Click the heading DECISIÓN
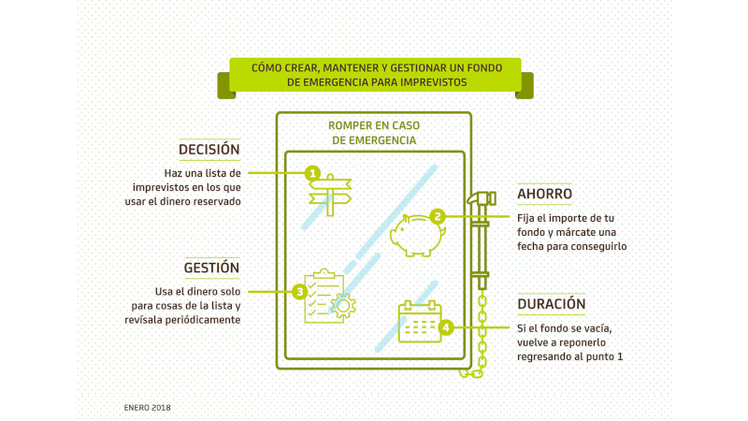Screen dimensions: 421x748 pos(209,150)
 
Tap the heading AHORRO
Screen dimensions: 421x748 pos(545,194)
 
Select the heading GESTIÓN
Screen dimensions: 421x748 pos(211,267)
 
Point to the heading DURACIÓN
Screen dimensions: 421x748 pos(551,304)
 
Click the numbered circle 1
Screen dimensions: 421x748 pos(312,173)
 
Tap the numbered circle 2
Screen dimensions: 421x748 pos(436,215)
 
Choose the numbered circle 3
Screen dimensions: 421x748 pos(299,292)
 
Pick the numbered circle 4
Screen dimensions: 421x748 pos(447,327)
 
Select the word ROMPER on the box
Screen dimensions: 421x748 pos(352,123)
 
